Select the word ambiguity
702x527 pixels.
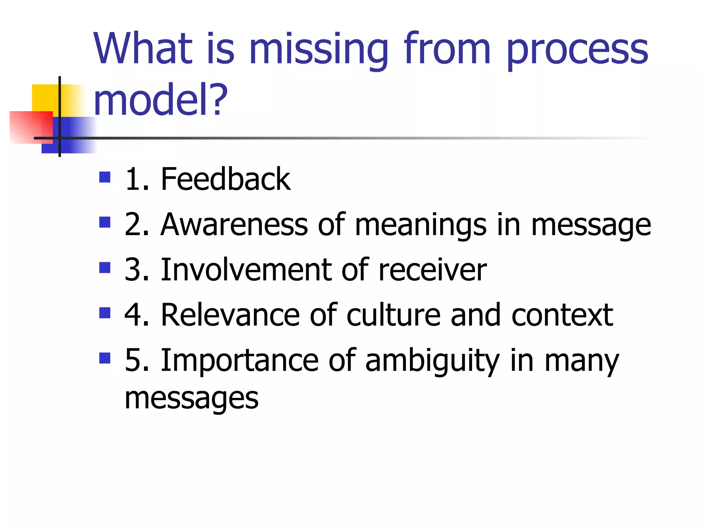pos(433,361)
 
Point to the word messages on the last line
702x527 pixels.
pos(191,399)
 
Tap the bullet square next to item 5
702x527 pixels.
pos(105,359)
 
